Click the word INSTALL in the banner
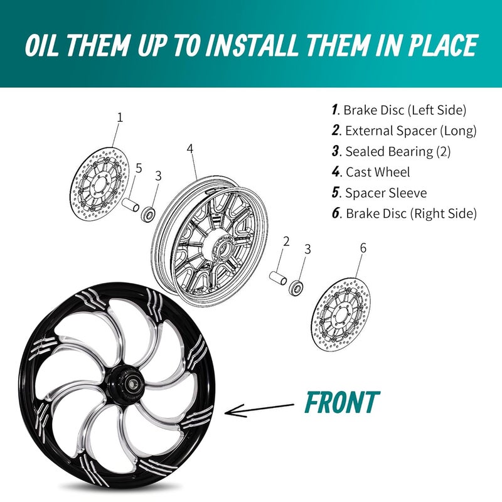click(255, 45)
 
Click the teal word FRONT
click(341, 402)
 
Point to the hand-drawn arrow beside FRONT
click(259, 409)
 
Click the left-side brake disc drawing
click(99, 182)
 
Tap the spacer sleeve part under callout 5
click(132, 205)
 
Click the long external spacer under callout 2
click(279, 277)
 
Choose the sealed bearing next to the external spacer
click(296, 288)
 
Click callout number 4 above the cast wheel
click(190, 149)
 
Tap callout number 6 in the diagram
click(363, 248)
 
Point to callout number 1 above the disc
click(120, 117)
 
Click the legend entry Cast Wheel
click(371, 172)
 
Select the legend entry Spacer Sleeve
click(380, 193)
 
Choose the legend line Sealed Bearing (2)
click(391, 151)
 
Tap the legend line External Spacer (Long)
click(404, 131)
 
